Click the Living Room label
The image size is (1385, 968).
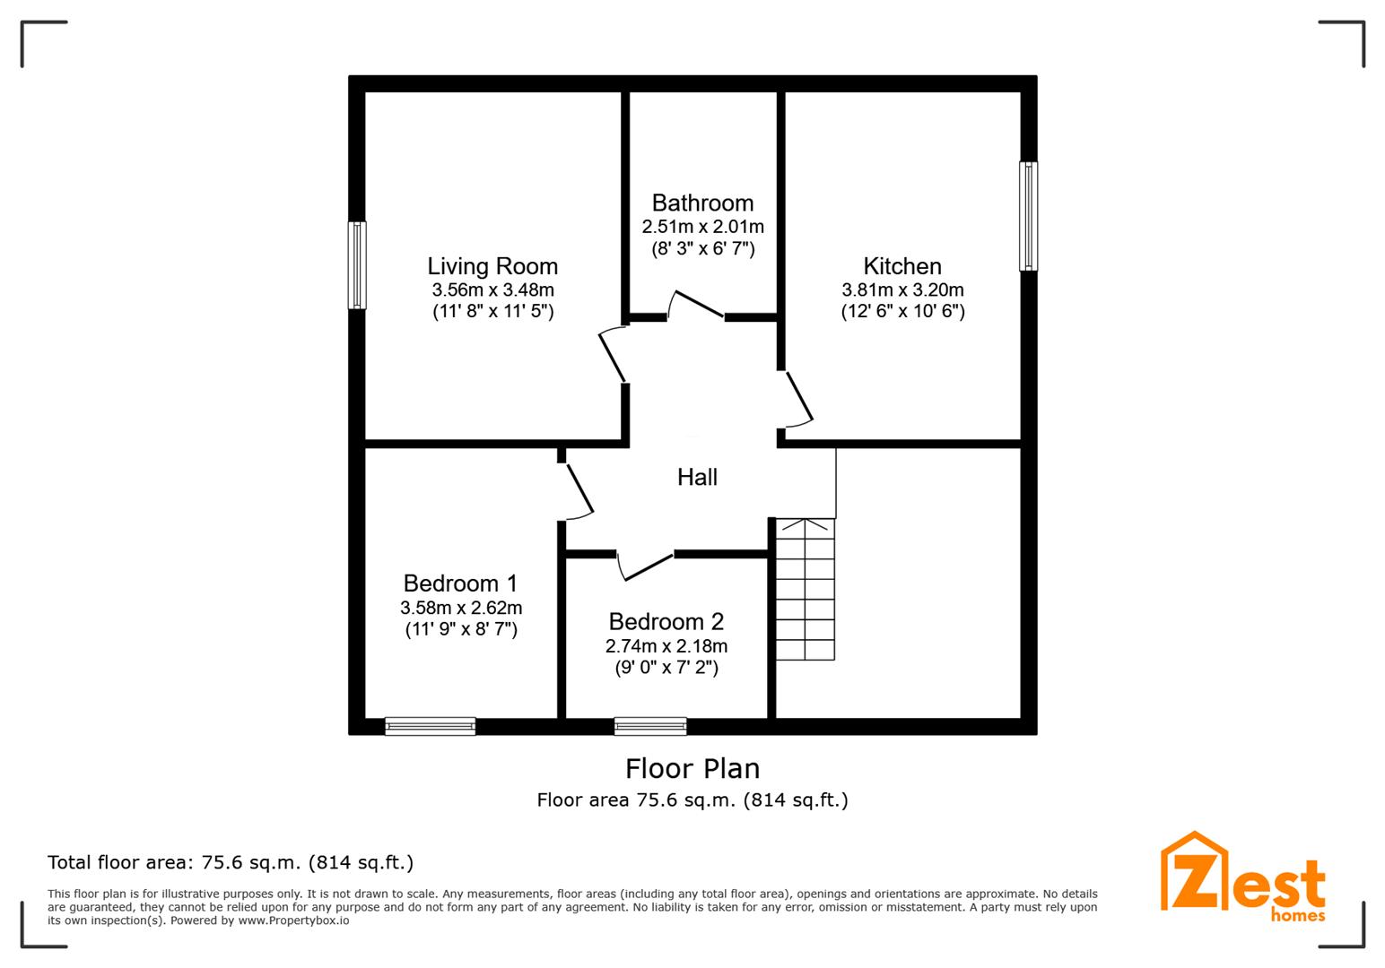coord(492,266)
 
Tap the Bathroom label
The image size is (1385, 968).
coord(703,203)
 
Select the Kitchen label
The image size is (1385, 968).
coord(902,266)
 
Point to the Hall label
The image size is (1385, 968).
coord(697,477)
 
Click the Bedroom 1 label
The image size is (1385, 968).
coord(460,583)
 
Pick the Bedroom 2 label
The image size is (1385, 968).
coord(666,621)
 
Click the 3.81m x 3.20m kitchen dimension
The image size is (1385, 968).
coord(902,290)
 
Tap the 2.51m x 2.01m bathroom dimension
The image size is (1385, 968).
coord(703,227)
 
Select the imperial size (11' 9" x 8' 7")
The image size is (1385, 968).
coord(461,629)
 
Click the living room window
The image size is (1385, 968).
coord(357,265)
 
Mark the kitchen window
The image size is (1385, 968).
coord(1028,216)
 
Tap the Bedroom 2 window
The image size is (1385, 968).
coord(649,727)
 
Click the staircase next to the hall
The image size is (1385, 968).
coord(805,590)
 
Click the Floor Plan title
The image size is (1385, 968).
coord(692,769)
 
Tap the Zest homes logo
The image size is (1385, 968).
coord(1242,877)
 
